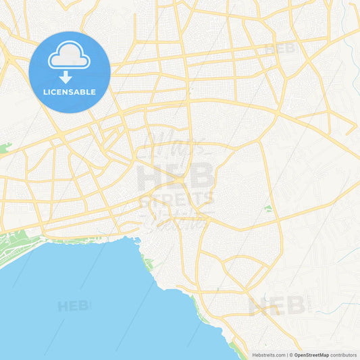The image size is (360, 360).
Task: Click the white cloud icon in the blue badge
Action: (69, 55)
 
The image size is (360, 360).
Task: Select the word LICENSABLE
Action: (70, 92)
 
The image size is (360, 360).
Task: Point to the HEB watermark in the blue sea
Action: (73, 306)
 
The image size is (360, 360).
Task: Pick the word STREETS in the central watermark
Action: (177, 199)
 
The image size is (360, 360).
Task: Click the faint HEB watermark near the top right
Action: (280, 49)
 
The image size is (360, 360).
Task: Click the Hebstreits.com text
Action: (269, 355)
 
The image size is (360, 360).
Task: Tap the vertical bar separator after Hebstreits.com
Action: (287, 355)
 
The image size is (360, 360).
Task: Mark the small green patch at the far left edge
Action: (5, 147)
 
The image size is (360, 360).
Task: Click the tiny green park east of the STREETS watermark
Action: (268, 209)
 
